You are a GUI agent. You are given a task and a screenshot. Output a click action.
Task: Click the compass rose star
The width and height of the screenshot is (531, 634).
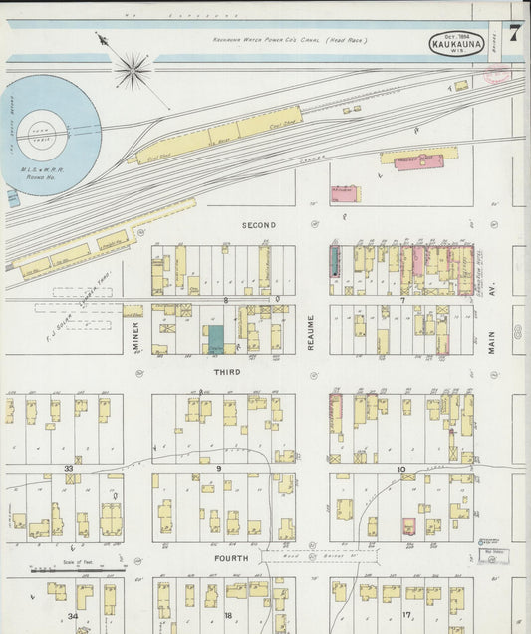(133, 71)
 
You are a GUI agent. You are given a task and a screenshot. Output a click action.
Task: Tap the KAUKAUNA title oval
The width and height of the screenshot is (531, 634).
(457, 43)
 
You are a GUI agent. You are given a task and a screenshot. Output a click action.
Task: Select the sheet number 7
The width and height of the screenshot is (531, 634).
(513, 32)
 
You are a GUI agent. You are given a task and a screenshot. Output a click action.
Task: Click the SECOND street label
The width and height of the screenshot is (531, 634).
(258, 225)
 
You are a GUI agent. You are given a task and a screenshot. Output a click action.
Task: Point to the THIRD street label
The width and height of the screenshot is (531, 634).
(226, 371)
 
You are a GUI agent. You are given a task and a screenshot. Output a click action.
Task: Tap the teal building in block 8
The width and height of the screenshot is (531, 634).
(214, 338)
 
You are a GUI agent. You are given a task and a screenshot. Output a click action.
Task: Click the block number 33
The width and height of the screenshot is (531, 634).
(68, 468)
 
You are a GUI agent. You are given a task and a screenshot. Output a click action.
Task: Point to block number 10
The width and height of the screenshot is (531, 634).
(400, 468)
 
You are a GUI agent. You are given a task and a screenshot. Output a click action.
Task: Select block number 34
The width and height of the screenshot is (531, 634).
(72, 616)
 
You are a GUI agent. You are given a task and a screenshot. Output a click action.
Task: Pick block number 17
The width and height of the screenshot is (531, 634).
(406, 615)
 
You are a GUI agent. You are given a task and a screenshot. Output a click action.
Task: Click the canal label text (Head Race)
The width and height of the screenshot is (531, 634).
(289, 40)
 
